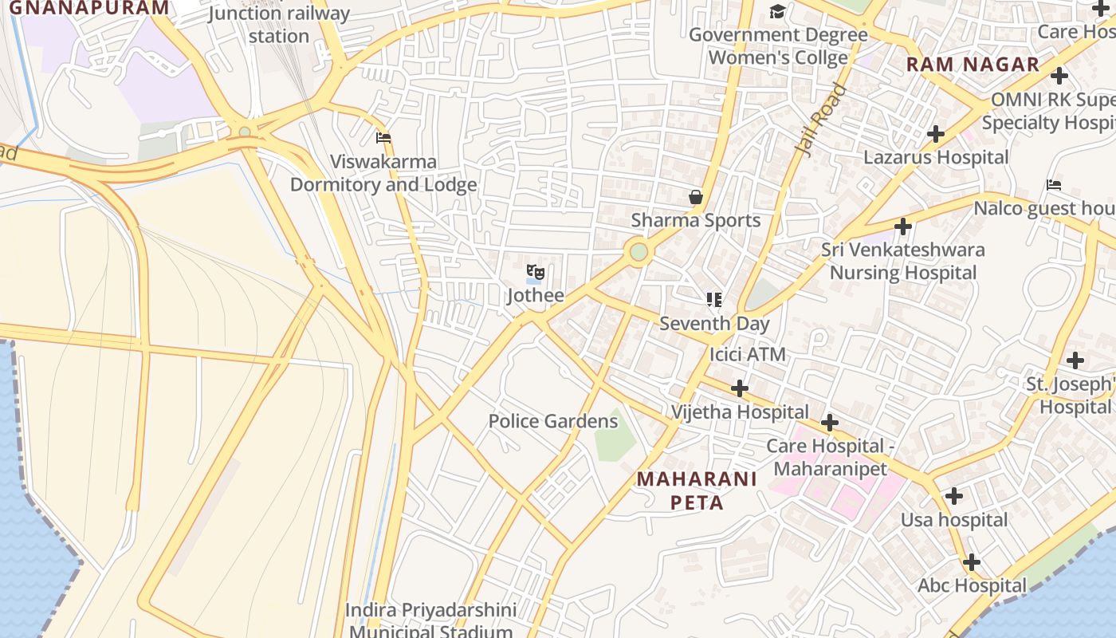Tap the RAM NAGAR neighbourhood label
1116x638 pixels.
(x=973, y=65)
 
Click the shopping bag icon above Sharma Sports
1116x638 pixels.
(x=696, y=196)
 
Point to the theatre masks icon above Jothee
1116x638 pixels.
(x=536, y=273)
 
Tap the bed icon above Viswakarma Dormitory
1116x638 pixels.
(x=383, y=137)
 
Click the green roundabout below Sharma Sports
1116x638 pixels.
(x=639, y=252)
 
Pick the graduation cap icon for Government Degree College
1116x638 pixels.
(x=777, y=11)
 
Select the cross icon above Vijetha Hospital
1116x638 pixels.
(x=740, y=388)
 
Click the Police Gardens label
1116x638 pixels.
(x=553, y=421)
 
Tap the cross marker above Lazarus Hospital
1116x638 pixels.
(x=936, y=133)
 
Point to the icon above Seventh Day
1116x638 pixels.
(x=714, y=300)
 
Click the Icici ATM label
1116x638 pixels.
(x=747, y=354)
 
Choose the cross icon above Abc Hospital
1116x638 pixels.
(x=971, y=562)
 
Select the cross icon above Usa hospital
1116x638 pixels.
(x=953, y=496)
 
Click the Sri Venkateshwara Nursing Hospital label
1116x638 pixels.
(x=903, y=261)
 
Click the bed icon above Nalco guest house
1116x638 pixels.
(x=1054, y=185)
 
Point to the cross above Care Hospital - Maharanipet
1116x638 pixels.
(x=830, y=422)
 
